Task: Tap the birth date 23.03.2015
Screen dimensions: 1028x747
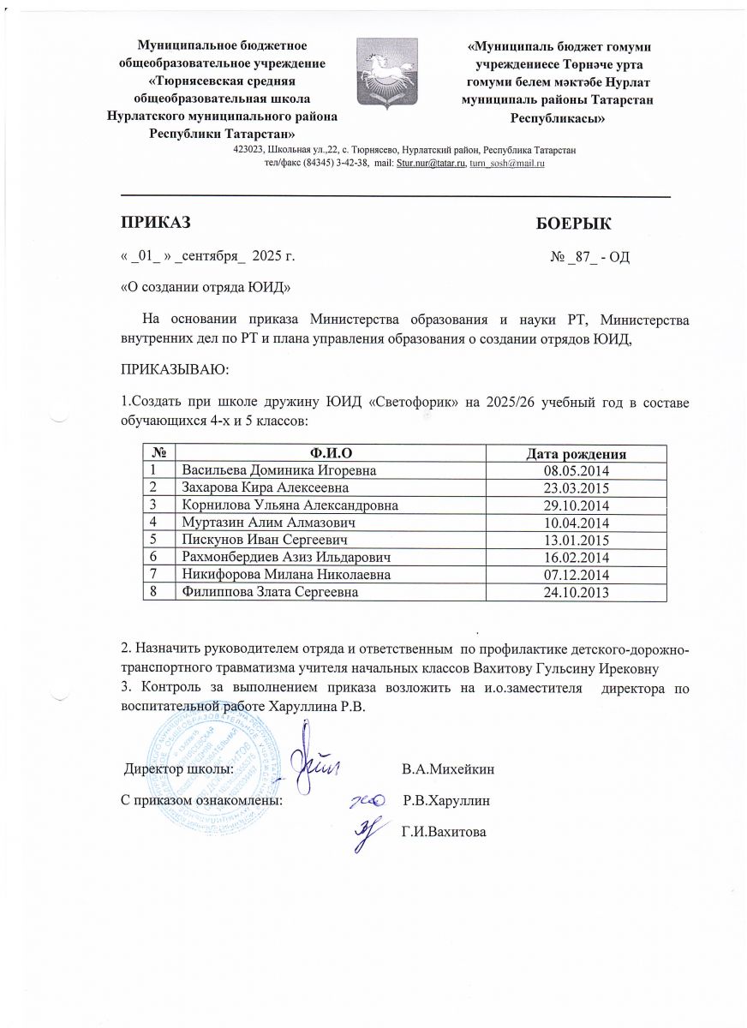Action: [575, 487]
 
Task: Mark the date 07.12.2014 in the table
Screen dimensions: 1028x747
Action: [575, 574]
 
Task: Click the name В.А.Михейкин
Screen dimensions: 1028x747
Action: [448, 768]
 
